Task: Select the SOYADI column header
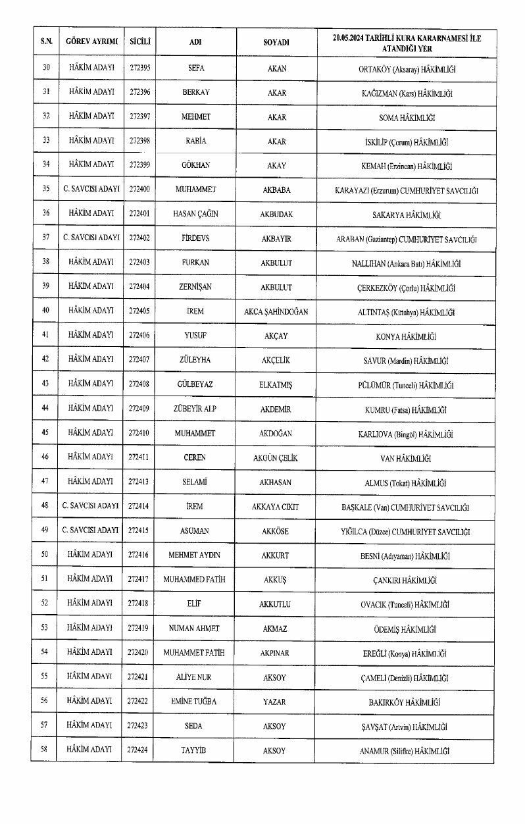(276, 42)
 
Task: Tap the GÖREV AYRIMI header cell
(91, 42)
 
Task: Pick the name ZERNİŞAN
(196, 288)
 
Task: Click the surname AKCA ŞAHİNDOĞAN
(276, 312)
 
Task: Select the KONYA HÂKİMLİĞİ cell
(406, 336)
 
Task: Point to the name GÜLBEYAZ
(196, 385)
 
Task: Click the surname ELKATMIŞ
(276, 385)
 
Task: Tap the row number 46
(45, 457)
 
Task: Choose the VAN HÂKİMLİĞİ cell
(406, 458)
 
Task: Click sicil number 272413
(139, 482)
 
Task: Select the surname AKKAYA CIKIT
(276, 507)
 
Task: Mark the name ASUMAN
(196, 531)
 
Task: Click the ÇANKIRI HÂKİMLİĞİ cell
(406, 580)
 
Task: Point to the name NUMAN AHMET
(195, 629)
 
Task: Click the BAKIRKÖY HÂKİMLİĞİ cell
(406, 702)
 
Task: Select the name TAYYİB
(195, 750)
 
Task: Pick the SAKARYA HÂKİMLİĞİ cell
(406, 215)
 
